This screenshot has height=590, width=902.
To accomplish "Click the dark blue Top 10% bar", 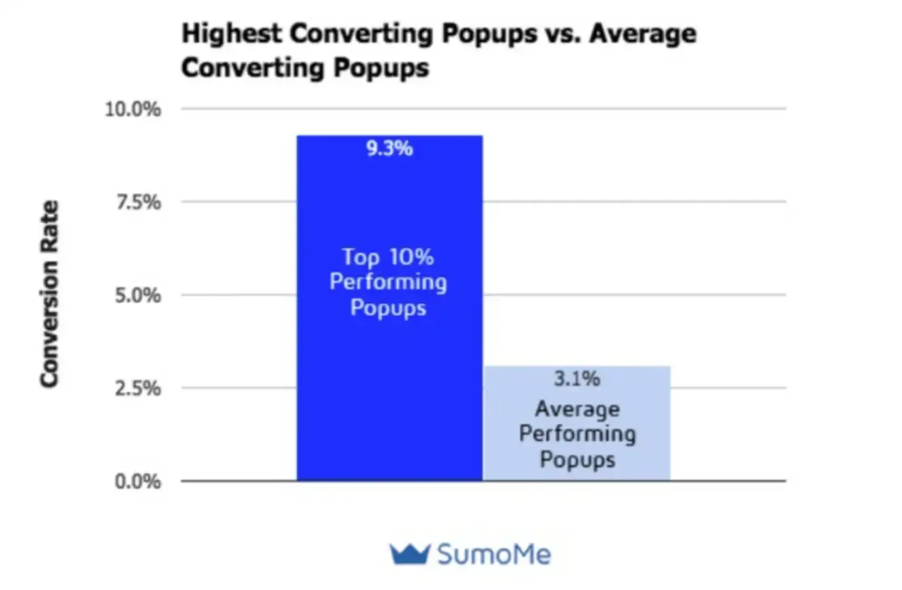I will point(389,381).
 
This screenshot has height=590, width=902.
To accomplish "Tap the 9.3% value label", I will point(389,149).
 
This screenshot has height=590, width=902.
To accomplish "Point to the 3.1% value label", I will point(576,379).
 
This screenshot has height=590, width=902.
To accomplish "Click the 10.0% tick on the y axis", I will point(133,109).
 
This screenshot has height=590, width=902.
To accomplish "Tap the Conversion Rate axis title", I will point(49,294).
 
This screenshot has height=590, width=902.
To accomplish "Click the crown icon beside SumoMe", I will point(409,554).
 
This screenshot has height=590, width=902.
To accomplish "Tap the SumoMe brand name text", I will point(493,554).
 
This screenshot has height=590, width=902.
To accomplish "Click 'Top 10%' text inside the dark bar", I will point(387,257).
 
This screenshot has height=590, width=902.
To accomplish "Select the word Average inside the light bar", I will point(577,409).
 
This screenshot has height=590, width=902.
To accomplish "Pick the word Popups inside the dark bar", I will point(387,308).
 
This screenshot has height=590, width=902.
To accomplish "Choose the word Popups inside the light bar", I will point(577,459).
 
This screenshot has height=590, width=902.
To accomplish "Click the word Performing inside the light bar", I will point(577,434).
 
